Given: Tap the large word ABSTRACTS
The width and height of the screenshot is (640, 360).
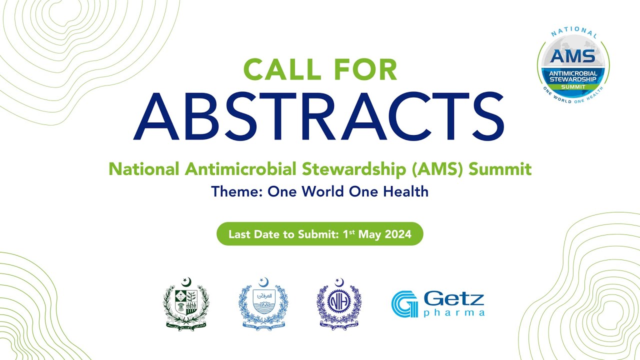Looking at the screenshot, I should (318, 116).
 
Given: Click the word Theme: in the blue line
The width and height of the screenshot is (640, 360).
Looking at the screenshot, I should (237, 191).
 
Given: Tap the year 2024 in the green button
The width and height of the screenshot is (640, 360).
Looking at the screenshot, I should (398, 234).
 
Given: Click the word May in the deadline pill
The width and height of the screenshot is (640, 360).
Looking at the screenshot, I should (371, 234).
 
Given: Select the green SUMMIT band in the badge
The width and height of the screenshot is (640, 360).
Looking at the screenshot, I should (573, 86).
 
